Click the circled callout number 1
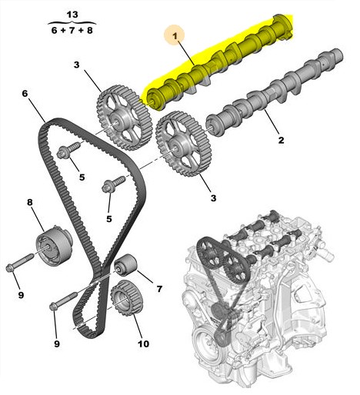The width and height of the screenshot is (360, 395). tap(175, 36)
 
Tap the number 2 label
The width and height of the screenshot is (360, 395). tap(281, 140)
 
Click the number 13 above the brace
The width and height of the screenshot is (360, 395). tap(72, 15)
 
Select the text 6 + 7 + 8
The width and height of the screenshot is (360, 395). tap(72, 31)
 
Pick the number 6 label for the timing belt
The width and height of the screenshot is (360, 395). tap(25, 94)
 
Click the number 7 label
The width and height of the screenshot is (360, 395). tap(159, 289)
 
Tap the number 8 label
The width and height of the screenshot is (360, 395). tap(30, 202)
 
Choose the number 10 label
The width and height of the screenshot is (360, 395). tap(143, 344)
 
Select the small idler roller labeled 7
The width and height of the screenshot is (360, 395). tap(125, 266)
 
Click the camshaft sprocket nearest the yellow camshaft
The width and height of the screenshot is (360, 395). tap(122, 118)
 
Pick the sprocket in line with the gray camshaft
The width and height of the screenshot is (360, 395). tap(183, 144)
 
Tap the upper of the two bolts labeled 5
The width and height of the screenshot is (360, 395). tap(69, 150)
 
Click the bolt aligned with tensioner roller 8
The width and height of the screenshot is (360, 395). tap(20, 262)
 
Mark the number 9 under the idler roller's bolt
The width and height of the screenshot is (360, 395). tap(57, 344)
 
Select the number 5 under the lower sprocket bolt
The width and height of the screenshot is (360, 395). tap(109, 219)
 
